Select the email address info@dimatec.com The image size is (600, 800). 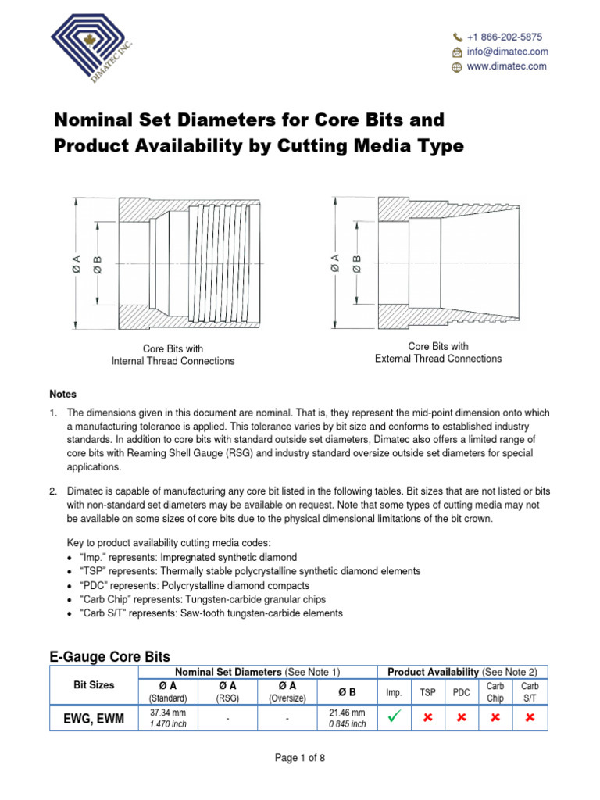(x=507, y=52)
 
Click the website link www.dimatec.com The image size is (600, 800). (x=506, y=66)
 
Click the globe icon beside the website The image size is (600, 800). (x=457, y=67)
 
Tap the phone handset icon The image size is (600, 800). (x=457, y=37)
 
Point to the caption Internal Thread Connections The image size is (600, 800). (x=173, y=361)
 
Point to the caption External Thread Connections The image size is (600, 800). (x=438, y=359)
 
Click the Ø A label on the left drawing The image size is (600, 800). (x=75, y=265)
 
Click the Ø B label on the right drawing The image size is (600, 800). (x=356, y=264)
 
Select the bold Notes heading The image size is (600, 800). (x=63, y=395)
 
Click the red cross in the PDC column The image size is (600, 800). (x=461, y=718)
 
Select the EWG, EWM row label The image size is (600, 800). (x=94, y=718)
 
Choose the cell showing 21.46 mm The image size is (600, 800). (x=347, y=712)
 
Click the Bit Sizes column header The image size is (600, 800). (x=94, y=685)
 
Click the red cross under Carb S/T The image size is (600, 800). (x=530, y=718)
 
